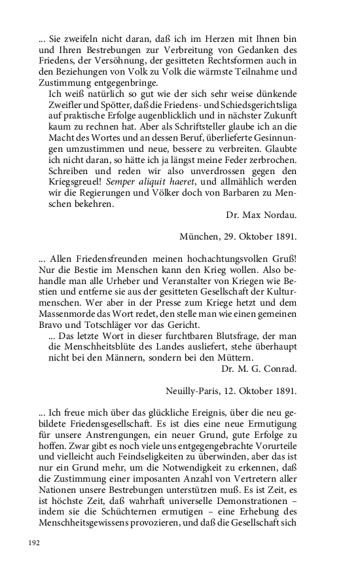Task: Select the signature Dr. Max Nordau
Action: pos(261,215)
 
